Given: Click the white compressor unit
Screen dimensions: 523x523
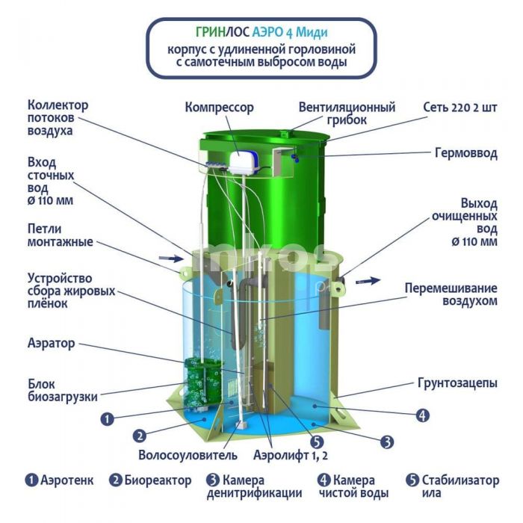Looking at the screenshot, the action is (x=243, y=162).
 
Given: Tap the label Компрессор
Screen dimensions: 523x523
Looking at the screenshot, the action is (x=220, y=108).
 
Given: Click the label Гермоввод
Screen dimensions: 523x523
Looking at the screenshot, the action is (x=466, y=153).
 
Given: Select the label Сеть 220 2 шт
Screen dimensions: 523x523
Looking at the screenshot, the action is (x=460, y=108).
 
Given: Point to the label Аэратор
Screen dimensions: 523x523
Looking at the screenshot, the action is (x=52, y=343).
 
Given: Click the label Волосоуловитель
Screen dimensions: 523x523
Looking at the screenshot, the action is (x=188, y=455).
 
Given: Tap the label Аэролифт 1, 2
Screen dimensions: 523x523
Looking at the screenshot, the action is (x=291, y=455).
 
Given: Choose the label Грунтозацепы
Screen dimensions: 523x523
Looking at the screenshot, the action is (x=457, y=383).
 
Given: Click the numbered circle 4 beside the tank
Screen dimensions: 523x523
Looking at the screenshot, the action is (x=422, y=415).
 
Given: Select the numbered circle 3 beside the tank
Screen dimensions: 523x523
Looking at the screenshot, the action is (x=387, y=442).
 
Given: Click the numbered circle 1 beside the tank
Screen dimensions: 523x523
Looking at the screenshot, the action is (x=108, y=419).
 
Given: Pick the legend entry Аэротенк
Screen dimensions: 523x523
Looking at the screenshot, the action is (x=60, y=480).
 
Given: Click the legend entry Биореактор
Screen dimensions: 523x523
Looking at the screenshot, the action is (x=150, y=480).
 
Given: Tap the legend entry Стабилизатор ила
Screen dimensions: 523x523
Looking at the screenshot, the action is (x=453, y=486).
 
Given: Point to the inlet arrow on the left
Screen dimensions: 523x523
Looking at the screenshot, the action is (x=171, y=258).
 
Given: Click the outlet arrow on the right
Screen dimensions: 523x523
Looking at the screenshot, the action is (x=368, y=281).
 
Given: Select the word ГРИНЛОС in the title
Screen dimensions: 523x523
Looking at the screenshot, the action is (x=223, y=32).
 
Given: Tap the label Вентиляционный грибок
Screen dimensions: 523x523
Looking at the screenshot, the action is (x=347, y=114).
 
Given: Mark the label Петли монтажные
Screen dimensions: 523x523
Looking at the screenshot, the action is (x=61, y=235).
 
